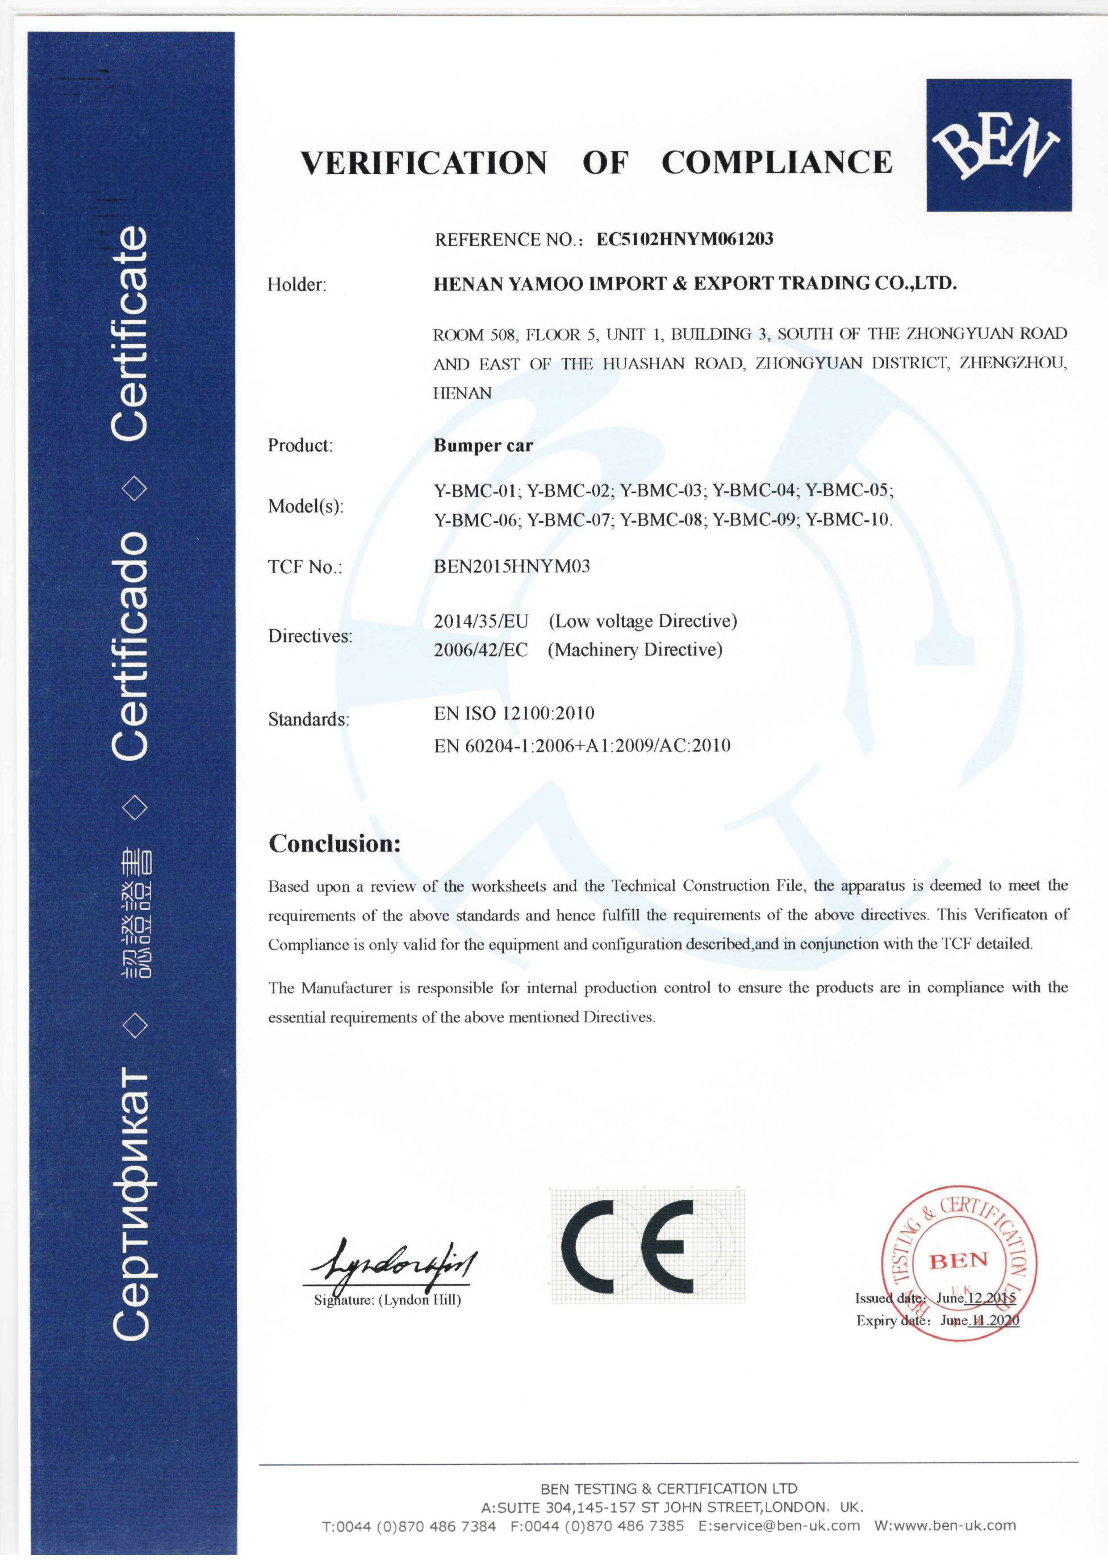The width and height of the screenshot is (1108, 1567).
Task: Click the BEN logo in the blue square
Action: click(998, 145)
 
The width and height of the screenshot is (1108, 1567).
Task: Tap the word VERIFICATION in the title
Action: click(424, 163)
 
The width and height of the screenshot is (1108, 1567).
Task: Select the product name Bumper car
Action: click(483, 445)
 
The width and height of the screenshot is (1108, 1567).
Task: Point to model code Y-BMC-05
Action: click(848, 490)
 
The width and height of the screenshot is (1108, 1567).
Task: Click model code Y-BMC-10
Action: click(848, 520)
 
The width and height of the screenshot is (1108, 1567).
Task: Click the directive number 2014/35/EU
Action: click(481, 621)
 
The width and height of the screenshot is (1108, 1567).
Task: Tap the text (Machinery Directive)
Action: click(635, 650)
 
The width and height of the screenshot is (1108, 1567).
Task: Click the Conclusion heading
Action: click(334, 844)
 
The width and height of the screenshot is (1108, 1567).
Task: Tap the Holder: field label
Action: click(297, 285)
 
